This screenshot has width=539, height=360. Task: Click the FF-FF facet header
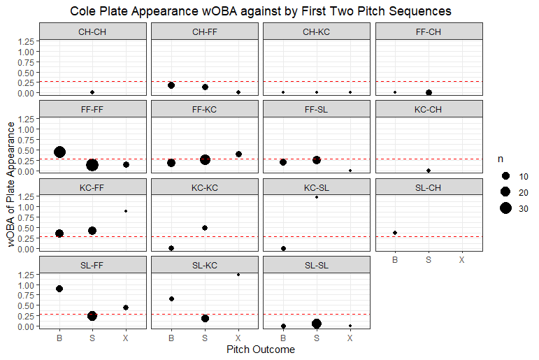pyautogui.click(x=93, y=109)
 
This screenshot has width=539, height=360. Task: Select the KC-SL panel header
pyautogui.click(x=317, y=187)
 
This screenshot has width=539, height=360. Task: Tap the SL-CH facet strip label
pyautogui.click(x=429, y=187)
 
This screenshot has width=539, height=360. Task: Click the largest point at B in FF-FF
pyautogui.click(x=59, y=152)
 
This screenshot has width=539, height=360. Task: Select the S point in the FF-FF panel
pyautogui.click(x=92, y=165)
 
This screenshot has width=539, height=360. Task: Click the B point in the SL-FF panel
pyautogui.click(x=59, y=289)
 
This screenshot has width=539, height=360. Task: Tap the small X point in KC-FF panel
pyautogui.click(x=126, y=211)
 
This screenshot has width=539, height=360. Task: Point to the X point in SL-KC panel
pyautogui.click(x=238, y=275)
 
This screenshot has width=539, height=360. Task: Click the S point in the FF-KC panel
pyautogui.click(x=205, y=159)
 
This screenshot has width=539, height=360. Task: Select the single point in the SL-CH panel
pyautogui.click(x=395, y=233)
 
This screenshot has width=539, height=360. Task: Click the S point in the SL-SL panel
pyautogui.click(x=317, y=324)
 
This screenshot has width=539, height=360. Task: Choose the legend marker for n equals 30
pyautogui.click(x=505, y=208)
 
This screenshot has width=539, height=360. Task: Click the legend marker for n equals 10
pyautogui.click(x=505, y=175)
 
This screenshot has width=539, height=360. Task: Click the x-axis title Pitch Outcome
pyautogui.click(x=261, y=350)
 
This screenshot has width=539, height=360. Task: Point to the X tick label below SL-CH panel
pyautogui.click(x=462, y=260)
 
